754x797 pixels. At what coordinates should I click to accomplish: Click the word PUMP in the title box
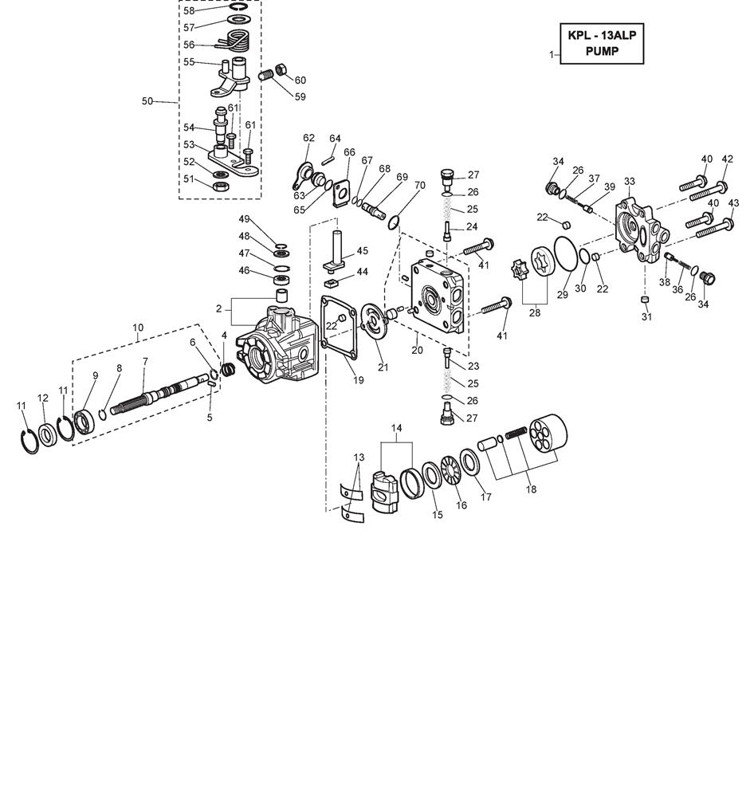602,52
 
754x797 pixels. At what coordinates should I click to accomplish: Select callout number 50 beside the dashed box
147,101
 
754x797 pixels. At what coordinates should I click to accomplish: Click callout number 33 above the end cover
629,182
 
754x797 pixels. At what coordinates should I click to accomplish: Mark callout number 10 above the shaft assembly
138,327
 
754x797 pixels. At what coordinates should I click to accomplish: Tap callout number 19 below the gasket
358,380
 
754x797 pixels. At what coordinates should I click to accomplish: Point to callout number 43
733,203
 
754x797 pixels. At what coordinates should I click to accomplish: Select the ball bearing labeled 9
84,419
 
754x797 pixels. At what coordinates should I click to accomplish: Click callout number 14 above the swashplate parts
396,428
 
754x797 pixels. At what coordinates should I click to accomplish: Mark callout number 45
362,251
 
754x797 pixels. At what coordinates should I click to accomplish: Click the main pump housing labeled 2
279,347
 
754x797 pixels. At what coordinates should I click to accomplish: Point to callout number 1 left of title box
552,54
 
